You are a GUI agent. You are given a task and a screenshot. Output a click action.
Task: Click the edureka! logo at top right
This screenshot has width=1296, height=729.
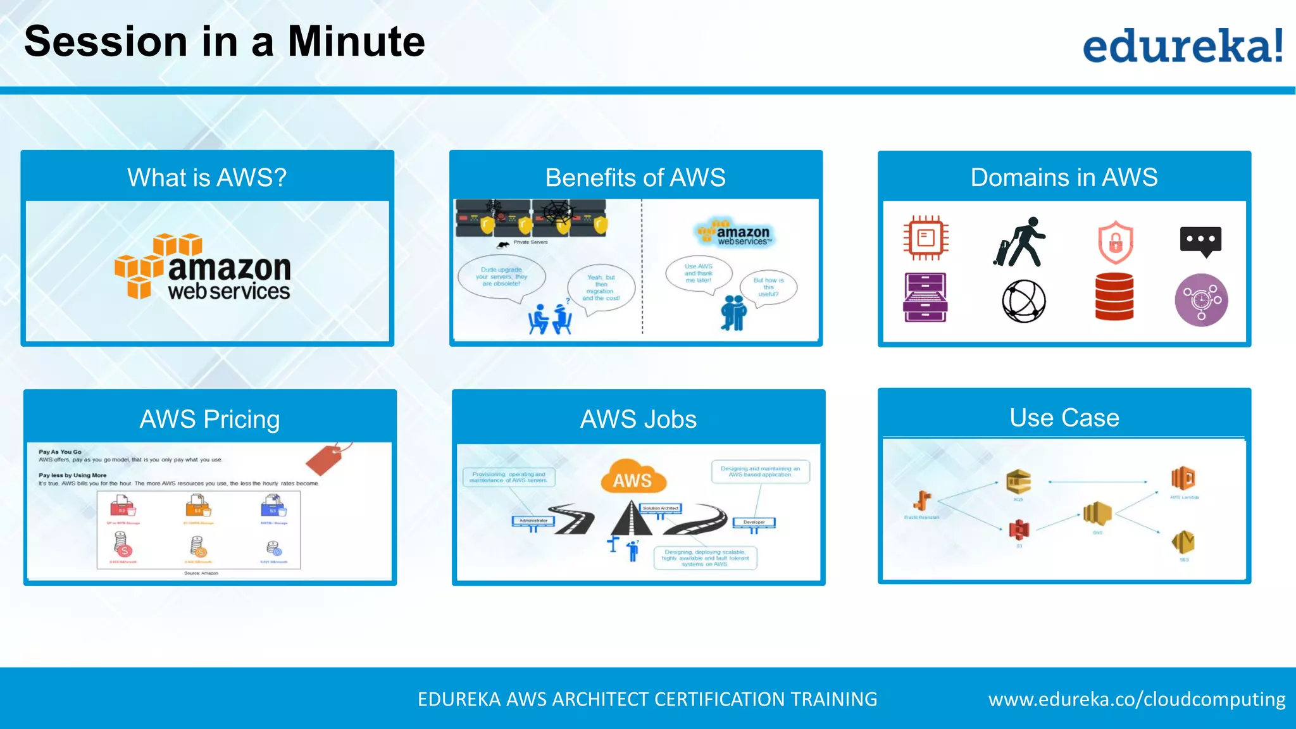1182,46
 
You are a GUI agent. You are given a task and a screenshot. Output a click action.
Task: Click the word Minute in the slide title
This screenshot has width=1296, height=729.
356,42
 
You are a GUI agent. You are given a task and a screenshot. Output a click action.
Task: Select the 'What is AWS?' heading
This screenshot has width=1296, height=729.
207,178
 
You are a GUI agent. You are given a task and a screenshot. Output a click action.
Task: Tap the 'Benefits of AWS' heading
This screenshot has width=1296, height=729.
635,178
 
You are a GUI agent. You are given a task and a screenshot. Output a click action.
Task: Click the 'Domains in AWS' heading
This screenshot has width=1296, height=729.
1064,178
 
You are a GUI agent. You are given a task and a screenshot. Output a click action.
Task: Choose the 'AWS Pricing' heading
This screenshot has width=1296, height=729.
209,419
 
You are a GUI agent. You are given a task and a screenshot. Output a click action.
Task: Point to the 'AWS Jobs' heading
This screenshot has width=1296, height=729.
638,419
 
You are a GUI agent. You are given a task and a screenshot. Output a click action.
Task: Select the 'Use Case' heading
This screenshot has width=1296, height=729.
1064,418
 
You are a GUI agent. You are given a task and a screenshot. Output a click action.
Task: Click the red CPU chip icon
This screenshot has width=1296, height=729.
926,238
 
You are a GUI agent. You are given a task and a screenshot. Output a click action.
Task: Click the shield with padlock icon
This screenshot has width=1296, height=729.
1115,242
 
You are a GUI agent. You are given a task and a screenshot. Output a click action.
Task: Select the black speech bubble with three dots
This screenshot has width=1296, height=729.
1200,241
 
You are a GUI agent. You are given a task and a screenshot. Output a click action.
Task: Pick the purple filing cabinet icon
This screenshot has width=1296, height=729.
925,297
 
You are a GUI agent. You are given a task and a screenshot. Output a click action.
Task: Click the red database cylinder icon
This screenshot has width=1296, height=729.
1114,297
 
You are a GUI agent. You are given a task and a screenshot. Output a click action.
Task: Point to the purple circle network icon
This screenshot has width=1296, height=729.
1201,300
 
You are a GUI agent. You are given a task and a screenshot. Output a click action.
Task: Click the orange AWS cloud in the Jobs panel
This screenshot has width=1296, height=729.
632,478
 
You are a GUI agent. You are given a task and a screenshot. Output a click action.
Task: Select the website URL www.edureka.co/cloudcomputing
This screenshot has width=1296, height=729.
1137,699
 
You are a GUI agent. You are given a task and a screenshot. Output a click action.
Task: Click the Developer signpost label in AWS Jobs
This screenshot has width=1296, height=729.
754,522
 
